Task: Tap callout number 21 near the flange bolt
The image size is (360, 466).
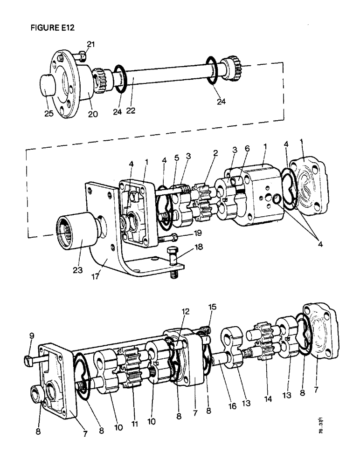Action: click(90, 44)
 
